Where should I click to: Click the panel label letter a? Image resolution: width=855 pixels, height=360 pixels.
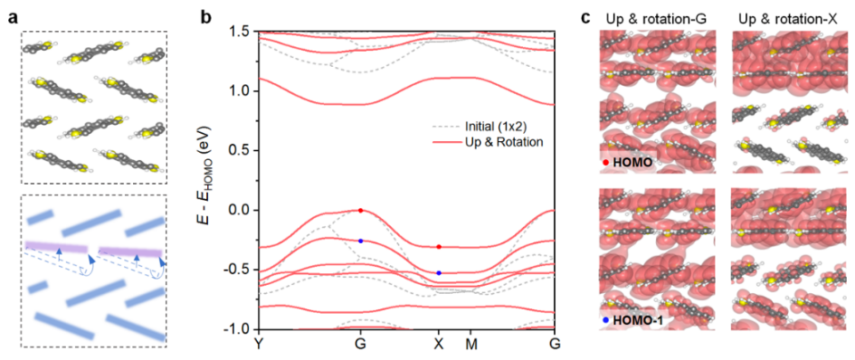pos(13,17)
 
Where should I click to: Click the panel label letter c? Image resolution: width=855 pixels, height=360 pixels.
pos(585,17)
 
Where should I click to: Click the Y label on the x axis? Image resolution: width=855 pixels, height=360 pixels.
pos(259,345)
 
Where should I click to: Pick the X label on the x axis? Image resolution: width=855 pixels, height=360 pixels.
pos(439,345)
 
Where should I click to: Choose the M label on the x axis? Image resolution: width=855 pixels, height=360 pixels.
pos(470,345)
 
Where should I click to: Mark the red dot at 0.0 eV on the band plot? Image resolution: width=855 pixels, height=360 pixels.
pos(360,210)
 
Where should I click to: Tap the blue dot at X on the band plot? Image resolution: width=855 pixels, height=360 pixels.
pos(439,273)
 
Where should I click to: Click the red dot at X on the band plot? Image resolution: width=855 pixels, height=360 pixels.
pos(439,247)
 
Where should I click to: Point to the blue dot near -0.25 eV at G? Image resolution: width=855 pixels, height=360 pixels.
pos(360,241)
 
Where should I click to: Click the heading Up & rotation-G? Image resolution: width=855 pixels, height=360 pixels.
pos(657,18)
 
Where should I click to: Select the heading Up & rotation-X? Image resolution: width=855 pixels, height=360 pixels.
pos(790,18)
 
